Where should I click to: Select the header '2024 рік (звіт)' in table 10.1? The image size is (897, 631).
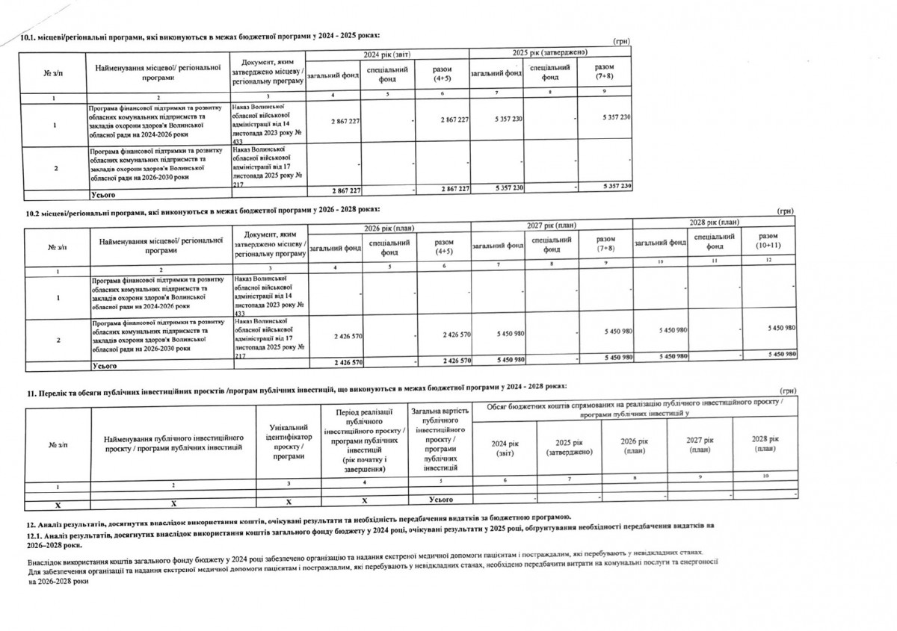pos(387,55)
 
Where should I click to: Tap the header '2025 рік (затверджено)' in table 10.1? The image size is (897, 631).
pos(550,52)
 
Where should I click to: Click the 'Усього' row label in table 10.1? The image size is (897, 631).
pos(103,193)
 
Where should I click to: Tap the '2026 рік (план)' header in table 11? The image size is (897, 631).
pos(633,446)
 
